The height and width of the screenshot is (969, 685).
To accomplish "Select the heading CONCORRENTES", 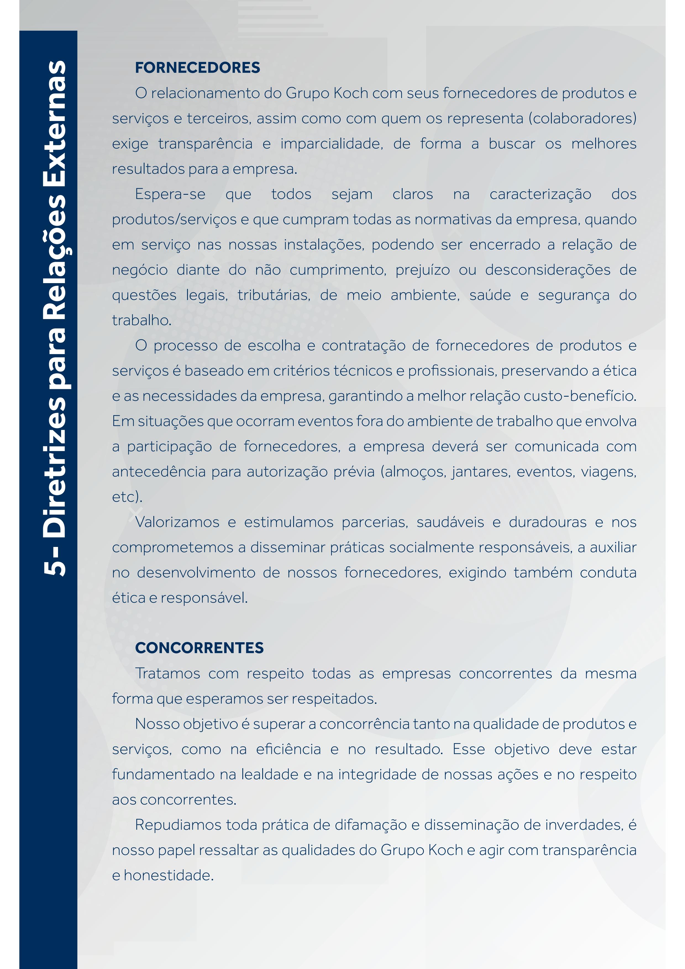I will coord(199,648).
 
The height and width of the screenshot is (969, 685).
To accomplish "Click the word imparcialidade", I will coord(331,144).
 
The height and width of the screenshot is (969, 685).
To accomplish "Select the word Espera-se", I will coord(170,194).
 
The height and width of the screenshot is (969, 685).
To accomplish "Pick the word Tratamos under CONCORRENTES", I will coord(167,673).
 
